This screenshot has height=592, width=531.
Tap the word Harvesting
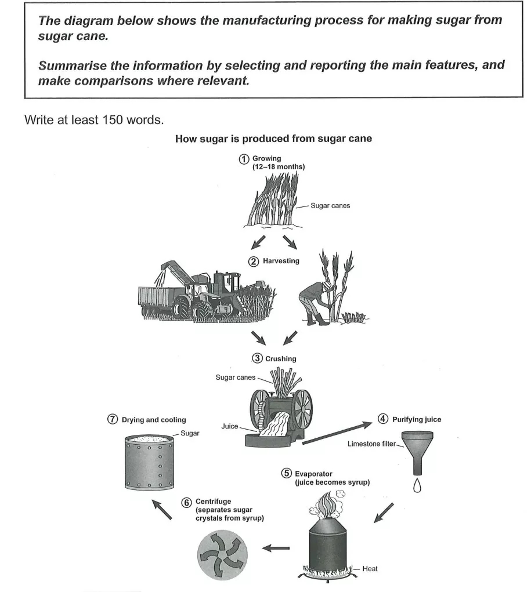click(281, 261)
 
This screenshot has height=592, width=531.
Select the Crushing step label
click(280, 359)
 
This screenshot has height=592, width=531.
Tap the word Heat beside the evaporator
click(370, 569)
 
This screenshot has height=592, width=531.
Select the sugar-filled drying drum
click(150, 463)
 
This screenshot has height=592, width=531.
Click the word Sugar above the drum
click(190, 433)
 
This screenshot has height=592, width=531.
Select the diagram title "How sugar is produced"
click(273, 139)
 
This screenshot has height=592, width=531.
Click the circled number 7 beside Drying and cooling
click(113, 420)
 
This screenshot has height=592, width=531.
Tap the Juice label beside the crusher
click(230, 426)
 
